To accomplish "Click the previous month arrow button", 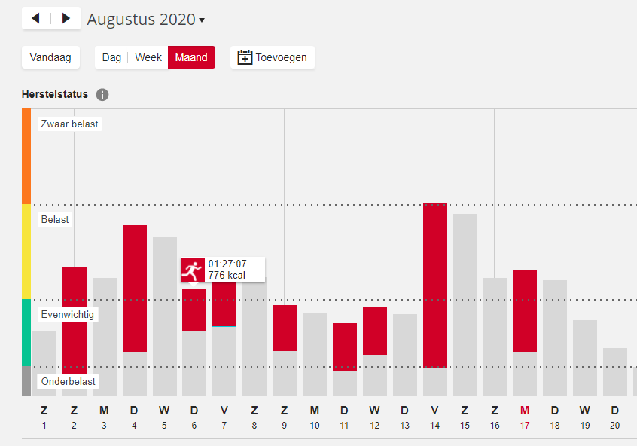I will [36, 18].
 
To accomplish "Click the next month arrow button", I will [66, 18].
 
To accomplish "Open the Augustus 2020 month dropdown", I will [146, 20].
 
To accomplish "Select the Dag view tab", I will [111, 57].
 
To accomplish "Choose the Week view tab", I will [148, 57].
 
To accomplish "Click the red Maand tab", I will [191, 57].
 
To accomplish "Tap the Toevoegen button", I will [273, 57].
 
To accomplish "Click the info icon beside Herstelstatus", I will [102, 95].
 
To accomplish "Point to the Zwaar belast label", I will [69, 124].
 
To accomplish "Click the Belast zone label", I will [55, 219].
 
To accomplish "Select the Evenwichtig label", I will [68, 314].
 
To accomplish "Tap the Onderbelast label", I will [69, 381].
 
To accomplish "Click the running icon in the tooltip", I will [193, 270].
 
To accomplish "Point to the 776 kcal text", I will [227, 275].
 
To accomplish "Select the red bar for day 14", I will [435, 286].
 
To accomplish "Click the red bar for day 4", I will [135, 288].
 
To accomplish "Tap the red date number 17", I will [525, 425].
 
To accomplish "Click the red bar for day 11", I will [345, 347].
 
